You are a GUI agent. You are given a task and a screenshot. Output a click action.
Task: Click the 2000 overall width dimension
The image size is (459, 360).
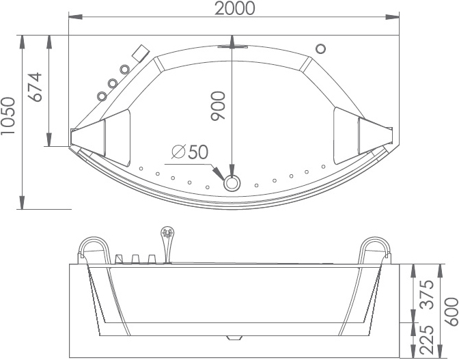click(234, 8)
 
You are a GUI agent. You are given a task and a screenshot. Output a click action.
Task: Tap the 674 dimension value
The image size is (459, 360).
click(36, 86)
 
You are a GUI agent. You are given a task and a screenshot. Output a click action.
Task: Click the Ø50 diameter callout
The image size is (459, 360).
click(190, 152)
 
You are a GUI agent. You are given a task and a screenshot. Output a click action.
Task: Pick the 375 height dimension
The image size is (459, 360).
click(426, 294)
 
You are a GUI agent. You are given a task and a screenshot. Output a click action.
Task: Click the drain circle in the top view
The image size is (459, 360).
click(232, 182)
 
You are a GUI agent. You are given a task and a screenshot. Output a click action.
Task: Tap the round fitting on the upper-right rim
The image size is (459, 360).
click(320, 49)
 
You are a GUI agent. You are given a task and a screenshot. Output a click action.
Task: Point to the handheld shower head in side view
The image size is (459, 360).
click(166, 236)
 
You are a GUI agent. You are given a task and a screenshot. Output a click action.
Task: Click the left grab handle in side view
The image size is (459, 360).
click(92, 249)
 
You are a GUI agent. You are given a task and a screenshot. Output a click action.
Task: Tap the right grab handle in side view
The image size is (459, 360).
click(375, 249)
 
